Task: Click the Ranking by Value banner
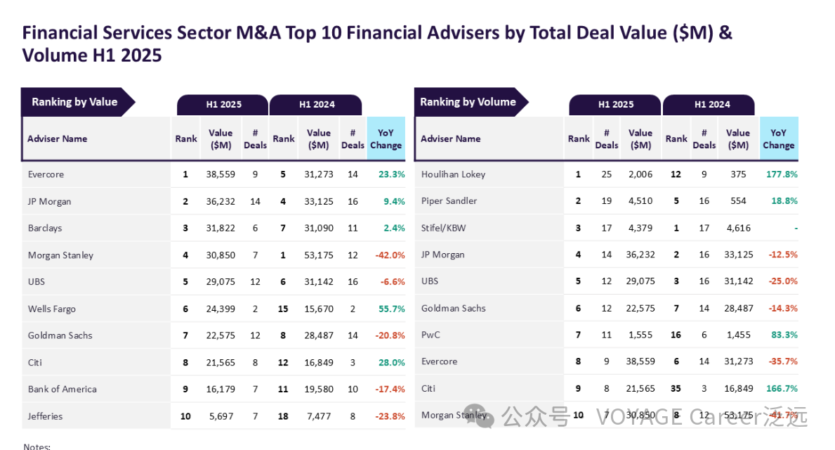(74, 102)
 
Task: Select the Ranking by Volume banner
(468, 102)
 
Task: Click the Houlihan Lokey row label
(453, 174)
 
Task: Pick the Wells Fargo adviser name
(51, 309)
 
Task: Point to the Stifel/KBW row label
(443, 228)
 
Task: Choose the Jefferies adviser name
(45, 416)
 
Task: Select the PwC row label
(430, 335)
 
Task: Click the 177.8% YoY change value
(781, 174)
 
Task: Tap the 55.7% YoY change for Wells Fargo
(391, 309)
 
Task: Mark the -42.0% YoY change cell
(390, 255)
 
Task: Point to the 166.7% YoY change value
(781, 388)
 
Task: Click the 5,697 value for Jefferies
(221, 416)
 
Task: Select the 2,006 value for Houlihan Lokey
(640, 174)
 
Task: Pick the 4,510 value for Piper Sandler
(640, 201)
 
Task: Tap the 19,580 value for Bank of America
(318, 389)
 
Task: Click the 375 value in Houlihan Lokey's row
(738, 174)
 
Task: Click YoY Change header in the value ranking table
(386, 139)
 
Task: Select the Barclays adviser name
(45, 228)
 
